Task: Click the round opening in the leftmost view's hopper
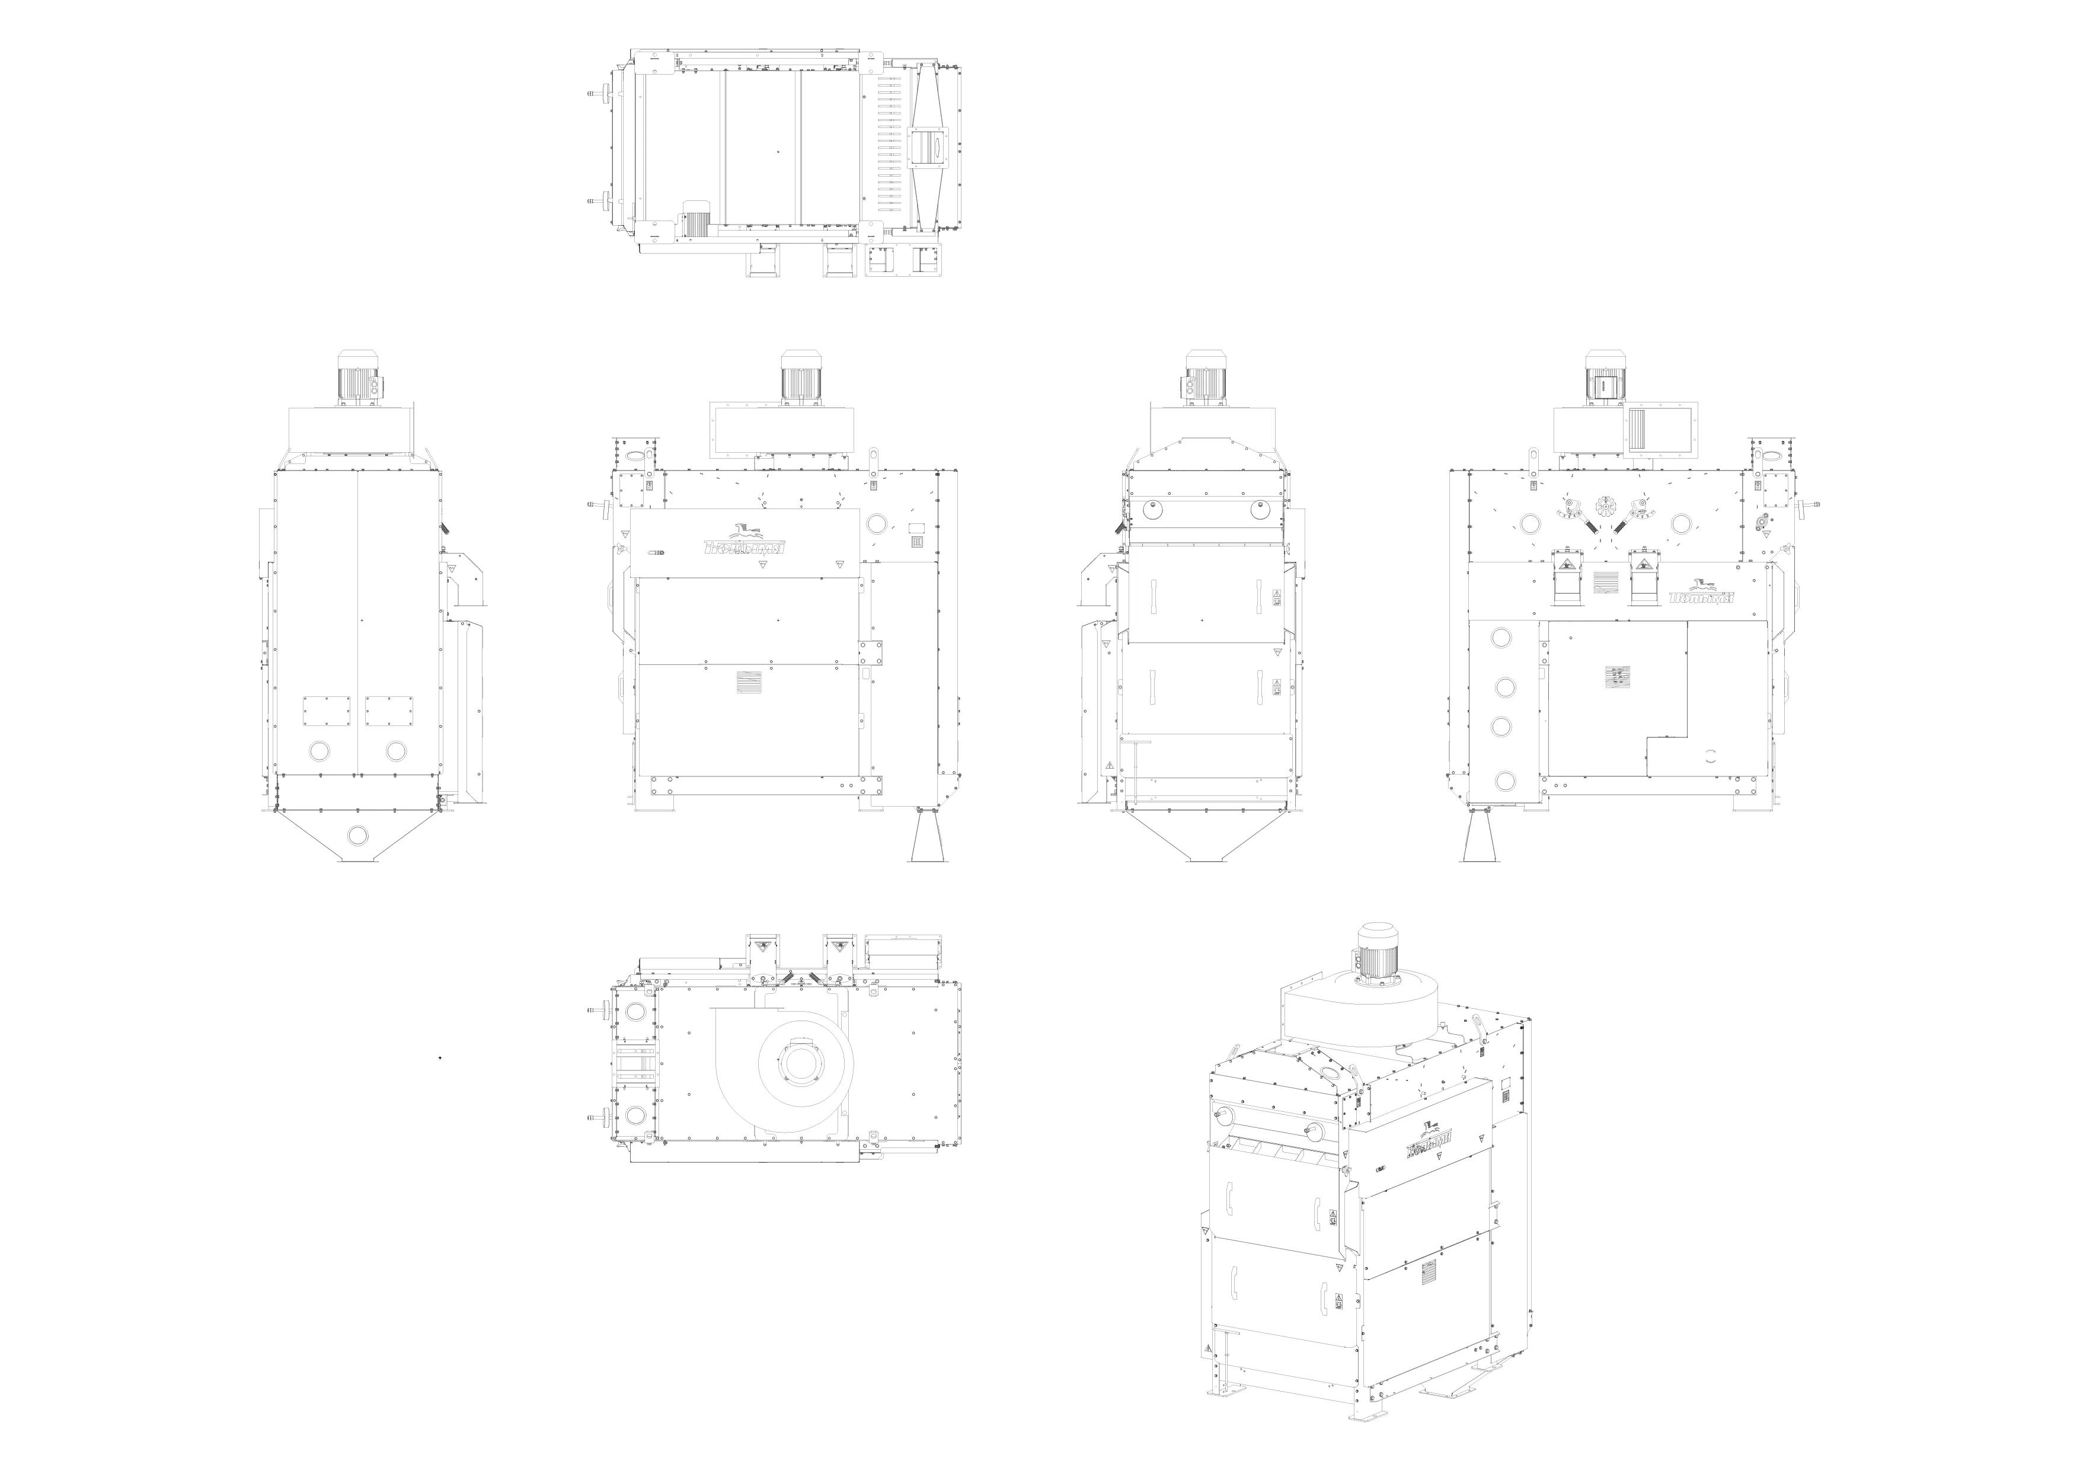point(358,834)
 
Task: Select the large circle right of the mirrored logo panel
point(877,523)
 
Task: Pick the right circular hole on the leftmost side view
point(396,751)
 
